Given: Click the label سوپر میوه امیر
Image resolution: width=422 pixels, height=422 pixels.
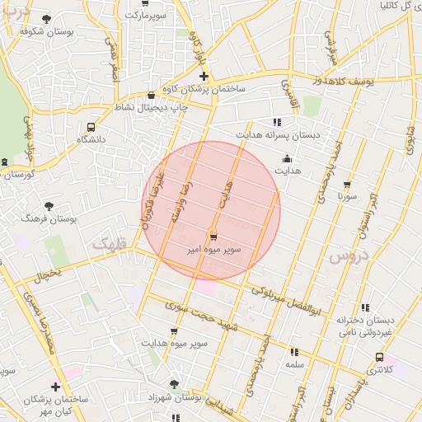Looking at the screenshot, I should click(x=213, y=247).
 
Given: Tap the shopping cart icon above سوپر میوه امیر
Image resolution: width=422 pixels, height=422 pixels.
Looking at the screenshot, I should click(x=213, y=236).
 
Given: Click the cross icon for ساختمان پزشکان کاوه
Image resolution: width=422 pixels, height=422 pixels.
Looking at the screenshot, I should click(x=204, y=77).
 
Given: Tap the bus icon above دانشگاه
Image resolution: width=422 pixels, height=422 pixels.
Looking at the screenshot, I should click(x=91, y=128).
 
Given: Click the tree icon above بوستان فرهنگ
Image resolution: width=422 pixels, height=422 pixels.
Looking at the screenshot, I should click(x=50, y=206).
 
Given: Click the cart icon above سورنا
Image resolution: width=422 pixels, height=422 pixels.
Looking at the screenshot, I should click(x=348, y=185).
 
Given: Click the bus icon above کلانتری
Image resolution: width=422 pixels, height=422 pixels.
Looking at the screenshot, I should click(x=379, y=357).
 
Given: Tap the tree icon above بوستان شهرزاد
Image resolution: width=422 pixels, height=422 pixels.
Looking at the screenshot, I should click(x=174, y=385).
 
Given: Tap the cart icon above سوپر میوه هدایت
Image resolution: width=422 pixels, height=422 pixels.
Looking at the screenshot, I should click(x=174, y=331).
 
